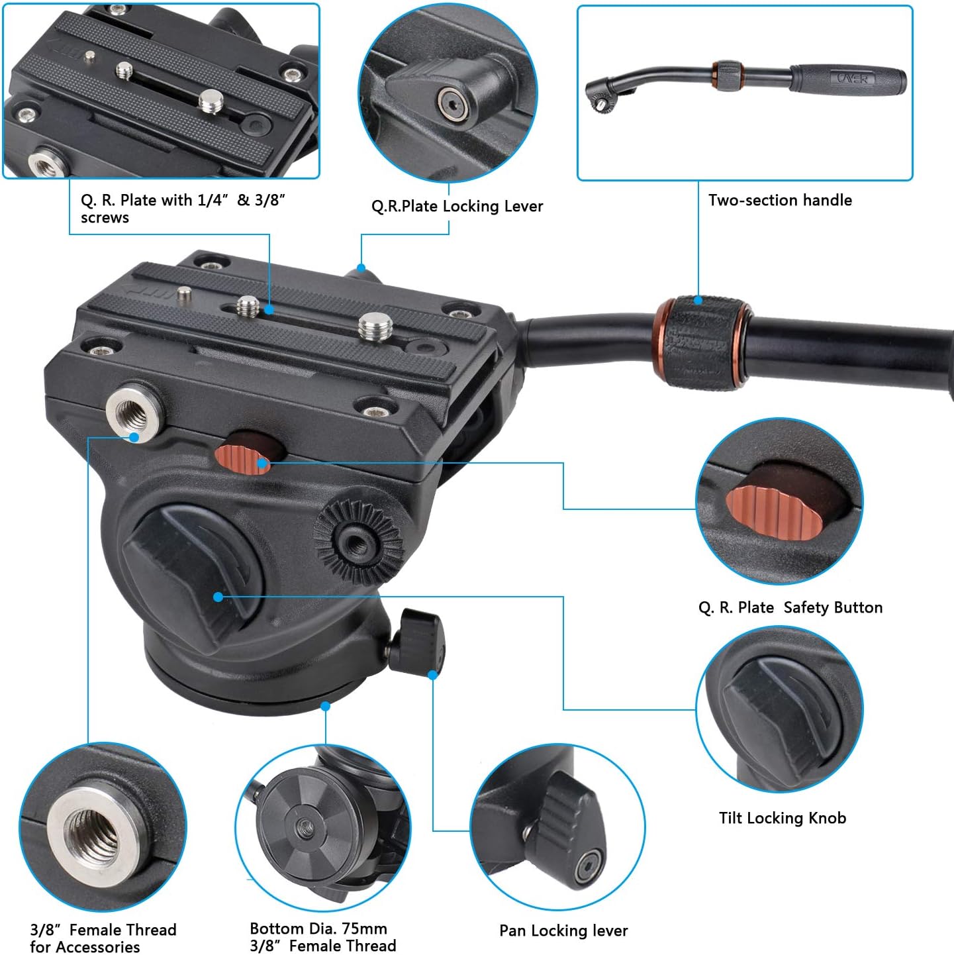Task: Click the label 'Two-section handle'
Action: click(780, 200)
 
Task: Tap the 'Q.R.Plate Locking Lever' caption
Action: click(457, 206)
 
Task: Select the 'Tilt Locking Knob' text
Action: click(783, 818)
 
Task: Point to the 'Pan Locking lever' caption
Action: click(563, 930)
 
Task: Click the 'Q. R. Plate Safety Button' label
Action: click(790, 607)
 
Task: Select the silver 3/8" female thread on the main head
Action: click(134, 409)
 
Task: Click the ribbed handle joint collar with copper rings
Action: click(701, 342)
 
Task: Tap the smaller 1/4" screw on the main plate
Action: click(248, 306)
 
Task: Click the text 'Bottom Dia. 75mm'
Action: click(318, 928)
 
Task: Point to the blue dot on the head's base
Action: click(326, 706)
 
